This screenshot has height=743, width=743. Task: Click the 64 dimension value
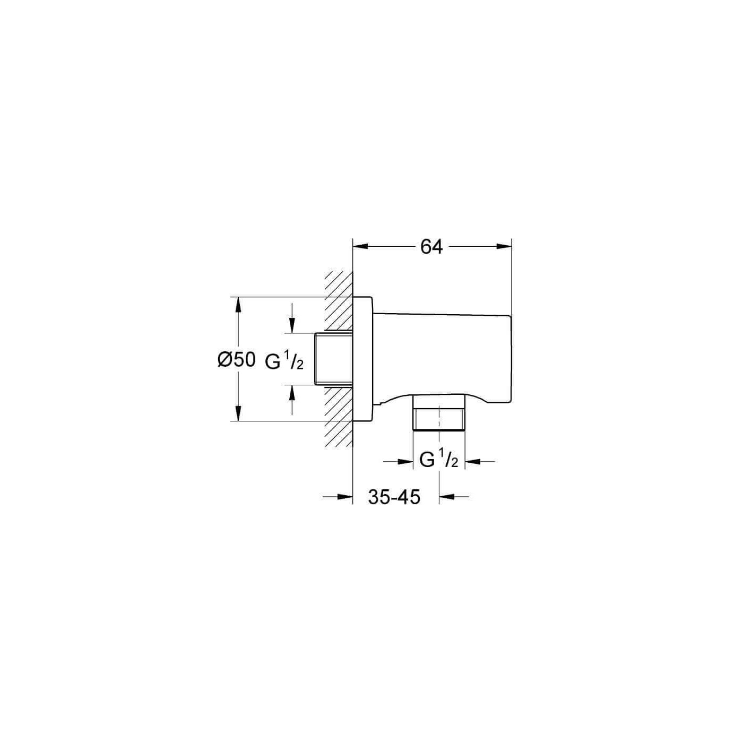(431, 247)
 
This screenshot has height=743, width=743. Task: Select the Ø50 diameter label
(237, 360)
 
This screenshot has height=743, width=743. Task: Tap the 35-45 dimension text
(394, 497)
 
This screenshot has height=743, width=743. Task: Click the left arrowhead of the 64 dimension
(360, 247)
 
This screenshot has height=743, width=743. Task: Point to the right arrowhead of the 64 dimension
(504, 247)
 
